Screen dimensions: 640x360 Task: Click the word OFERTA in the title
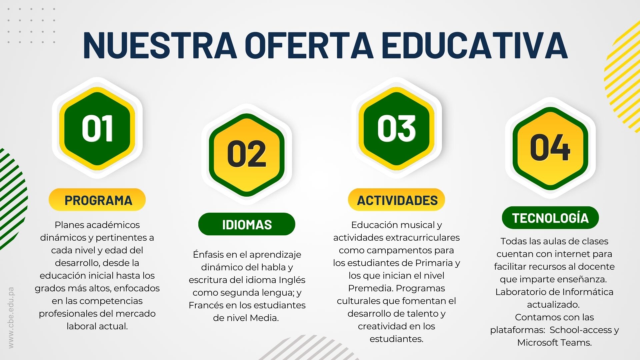(309, 45)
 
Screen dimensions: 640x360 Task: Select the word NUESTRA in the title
(160, 45)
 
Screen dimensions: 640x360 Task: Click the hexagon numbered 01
(97, 129)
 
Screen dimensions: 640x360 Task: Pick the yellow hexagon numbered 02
(247, 154)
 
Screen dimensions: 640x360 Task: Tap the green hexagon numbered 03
(397, 129)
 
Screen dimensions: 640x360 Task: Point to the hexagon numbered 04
(550, 148)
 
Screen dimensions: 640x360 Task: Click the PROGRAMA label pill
(97, 200)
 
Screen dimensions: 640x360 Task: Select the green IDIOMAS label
(247, 224)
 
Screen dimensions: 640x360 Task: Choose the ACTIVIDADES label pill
(397, 200)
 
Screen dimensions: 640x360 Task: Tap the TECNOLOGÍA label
(550, 218)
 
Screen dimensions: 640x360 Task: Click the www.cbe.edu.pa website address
(11, 318)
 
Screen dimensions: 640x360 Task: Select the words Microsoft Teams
(555, 342)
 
